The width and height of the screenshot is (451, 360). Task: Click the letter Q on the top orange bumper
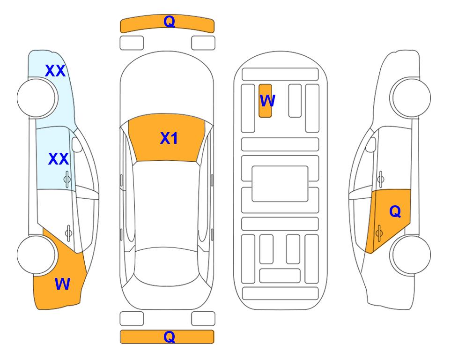tap(169, 22)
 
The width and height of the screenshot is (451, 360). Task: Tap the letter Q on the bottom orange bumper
tap(169, 337)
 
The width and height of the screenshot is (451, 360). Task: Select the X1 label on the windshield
tap(169, 138)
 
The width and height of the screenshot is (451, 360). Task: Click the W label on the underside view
tap(267, 100)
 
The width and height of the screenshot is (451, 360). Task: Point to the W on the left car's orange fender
tap(62, 284)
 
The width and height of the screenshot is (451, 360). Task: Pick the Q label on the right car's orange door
tap(395, 211)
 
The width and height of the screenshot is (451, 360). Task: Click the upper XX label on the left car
tap(56, 71)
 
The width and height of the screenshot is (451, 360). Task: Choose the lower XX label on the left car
tap(59, 159)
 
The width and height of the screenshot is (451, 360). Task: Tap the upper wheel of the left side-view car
tap(36, 98)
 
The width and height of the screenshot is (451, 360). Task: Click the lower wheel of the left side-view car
tap(36, 255)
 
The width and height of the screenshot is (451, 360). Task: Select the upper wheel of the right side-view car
tap(411, 97)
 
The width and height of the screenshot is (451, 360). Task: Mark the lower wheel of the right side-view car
tap(411, 255)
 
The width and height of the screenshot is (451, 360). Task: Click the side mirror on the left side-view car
tap(77, 144)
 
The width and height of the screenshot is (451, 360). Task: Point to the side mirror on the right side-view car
tap(371, 144)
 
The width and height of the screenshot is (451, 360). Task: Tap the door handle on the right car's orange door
tap(379, 233)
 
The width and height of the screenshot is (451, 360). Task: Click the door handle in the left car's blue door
tap(67, 180)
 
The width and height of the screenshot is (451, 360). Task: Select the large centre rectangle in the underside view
tap(280, 184)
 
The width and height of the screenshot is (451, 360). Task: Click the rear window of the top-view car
tap(165, 266)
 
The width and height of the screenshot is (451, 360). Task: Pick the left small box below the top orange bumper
tap(132, 43)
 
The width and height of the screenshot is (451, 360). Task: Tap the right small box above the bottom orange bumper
tap(203, 319)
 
